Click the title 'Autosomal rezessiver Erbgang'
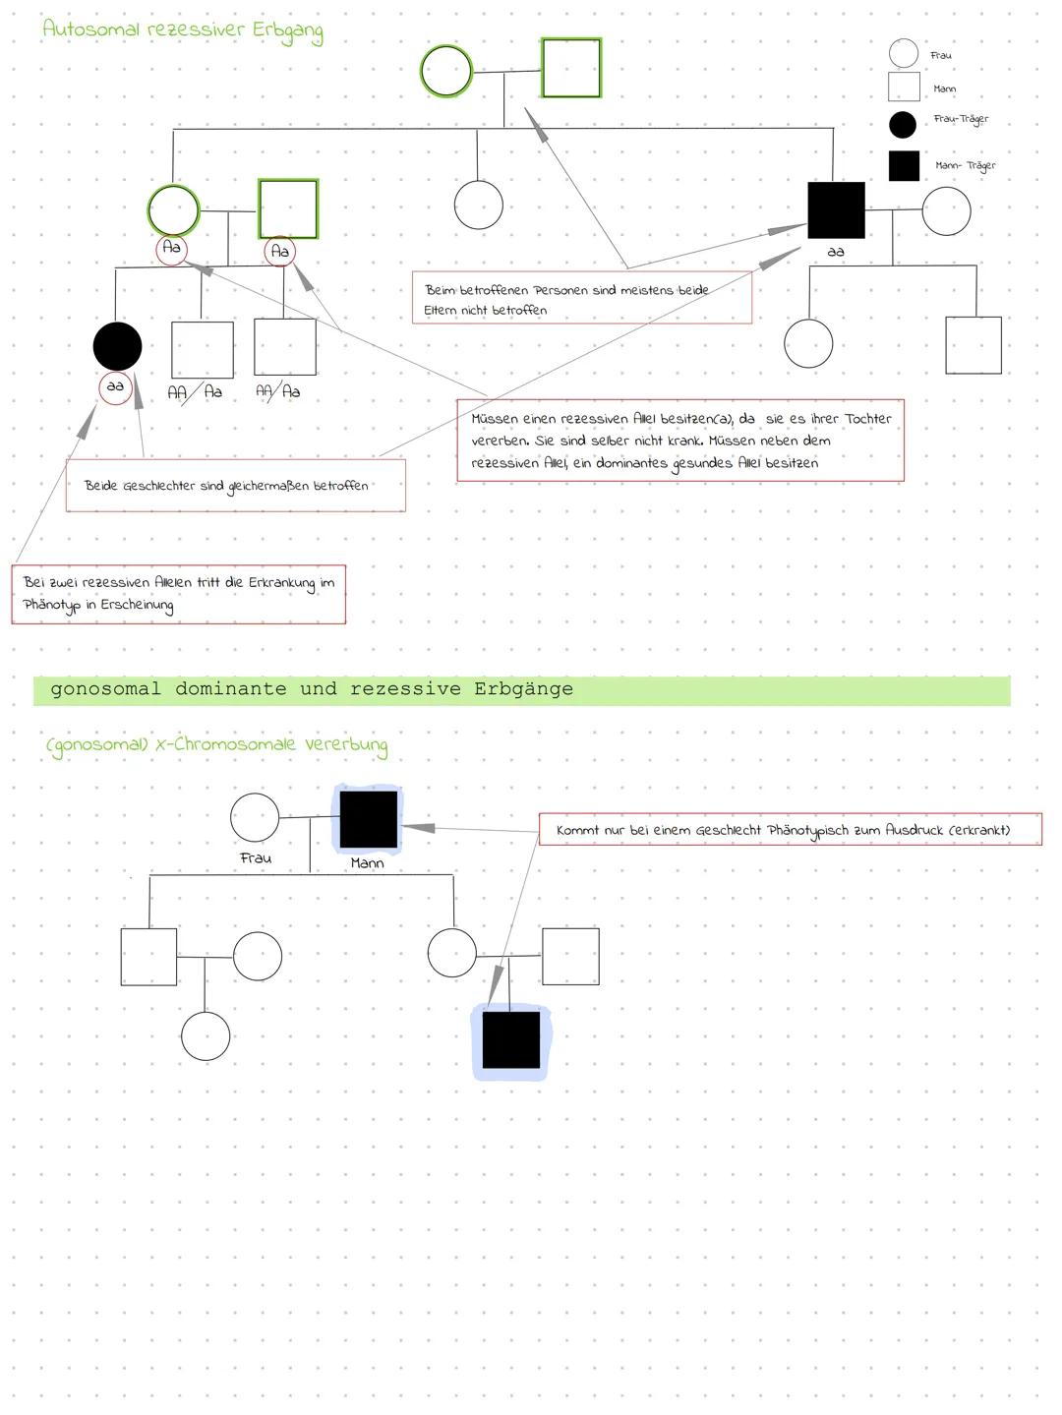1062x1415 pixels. (x=183, y=29)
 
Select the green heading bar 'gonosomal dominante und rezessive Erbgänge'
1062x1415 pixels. (x=521, y=689)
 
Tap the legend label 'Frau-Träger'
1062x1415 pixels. (x=961, y=119)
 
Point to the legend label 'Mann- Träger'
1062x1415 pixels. (x=965, y=165)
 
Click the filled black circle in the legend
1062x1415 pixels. (x=902, y=125)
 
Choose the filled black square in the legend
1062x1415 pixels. (x=904, y=165)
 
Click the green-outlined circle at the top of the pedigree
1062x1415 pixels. (x=446, y=71)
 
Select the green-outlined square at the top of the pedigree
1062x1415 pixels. (x=571, y=69)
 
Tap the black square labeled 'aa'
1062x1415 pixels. (x=836, y=210)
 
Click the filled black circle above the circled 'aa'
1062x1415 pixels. (x=117, y=345)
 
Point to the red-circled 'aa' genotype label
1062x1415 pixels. (x=116, y=387)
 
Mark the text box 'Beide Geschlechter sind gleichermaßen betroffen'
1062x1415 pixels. (x=235, y=486)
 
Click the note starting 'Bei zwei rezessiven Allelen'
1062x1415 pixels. (x=178, y=594)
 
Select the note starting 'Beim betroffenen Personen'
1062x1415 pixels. (x=581, y=299)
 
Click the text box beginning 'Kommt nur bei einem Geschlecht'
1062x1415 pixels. (x=790, y=830)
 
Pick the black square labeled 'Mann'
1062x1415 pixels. (x=369, y=819)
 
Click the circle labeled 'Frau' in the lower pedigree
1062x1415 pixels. (x=255, y=817)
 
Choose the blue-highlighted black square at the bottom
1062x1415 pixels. (x=511, y=1039)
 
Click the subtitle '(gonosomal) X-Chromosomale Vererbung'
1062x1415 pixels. (x=216, y=745)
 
